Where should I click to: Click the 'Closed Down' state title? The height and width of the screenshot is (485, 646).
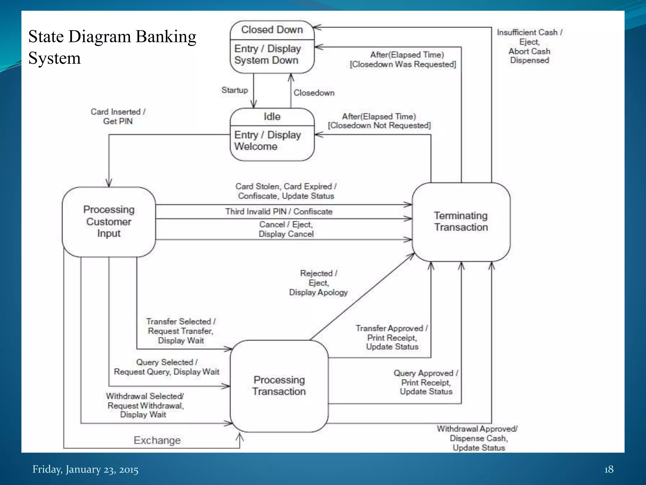tap(272, 30)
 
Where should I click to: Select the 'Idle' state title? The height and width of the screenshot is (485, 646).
tap(272, 117)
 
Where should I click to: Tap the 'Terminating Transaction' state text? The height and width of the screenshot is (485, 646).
tap(461, 221)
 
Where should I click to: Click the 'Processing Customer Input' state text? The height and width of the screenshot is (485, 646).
tap(109, 221)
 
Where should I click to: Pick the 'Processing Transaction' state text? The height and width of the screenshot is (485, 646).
tap(279, 386)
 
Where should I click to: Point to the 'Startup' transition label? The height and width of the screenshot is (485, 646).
tap(234, 90)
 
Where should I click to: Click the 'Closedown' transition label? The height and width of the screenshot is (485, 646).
tap(314, 93)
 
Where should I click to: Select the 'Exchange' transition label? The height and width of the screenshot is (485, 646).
tap(157, 440)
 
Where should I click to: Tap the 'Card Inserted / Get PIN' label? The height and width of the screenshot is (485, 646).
tap(118, 117)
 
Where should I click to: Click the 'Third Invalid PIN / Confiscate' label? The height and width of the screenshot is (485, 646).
tap(279, 212)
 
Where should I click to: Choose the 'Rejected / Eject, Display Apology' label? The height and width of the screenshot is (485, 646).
tap(318, 283)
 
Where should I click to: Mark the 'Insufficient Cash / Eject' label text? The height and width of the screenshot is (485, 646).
tap(529, 37)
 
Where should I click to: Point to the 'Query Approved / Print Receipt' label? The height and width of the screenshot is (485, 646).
tap(426, 378)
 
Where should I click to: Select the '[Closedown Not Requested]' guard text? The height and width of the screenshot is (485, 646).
tap(379, 126)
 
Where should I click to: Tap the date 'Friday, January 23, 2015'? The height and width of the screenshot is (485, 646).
tap(85, 469)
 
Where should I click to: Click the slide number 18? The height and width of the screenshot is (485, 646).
tap(608, 469)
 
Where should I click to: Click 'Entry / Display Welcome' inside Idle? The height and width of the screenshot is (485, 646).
tap(267, 141)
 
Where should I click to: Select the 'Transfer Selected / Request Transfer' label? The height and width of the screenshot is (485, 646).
tap(181, 326)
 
